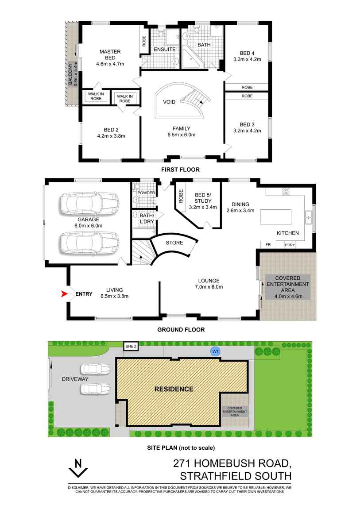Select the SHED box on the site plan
point(131,347)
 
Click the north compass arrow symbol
point(78,468)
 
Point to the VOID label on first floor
point(169,102)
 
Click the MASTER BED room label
point(110,54)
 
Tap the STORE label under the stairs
point(174,243)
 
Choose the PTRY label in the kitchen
point(290,245)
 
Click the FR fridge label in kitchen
point(268,245)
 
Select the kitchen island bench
point(275,217)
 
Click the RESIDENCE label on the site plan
point(174,389)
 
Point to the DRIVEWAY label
point(75,379)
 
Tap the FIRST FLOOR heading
point(181,170)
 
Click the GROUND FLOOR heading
point(181,329)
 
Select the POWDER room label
point(146,193)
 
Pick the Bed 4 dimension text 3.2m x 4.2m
point(247,59)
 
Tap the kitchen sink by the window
point(308,217)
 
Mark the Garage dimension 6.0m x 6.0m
point(88,226)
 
